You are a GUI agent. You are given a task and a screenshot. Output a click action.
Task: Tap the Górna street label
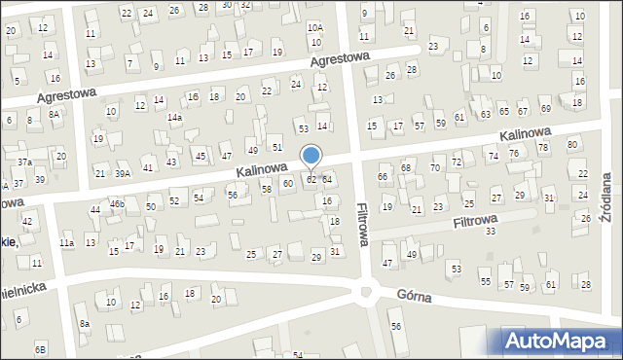coord(421,294)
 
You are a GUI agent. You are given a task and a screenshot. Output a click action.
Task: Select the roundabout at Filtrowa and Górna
coord(368,290)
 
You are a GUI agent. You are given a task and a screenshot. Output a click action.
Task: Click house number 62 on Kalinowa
coord(311,179)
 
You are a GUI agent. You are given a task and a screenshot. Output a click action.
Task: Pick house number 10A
coord(314,28)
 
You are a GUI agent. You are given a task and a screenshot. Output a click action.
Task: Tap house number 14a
coord(174,118)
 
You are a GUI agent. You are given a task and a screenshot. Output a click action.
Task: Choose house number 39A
coord(123,173)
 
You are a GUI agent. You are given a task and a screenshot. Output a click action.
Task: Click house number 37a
coord(25,162)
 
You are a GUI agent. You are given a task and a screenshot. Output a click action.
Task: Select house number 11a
coord(66,242)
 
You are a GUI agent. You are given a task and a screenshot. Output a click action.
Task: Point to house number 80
coord(572,145)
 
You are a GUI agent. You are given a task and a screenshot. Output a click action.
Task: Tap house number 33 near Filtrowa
coord(491,231)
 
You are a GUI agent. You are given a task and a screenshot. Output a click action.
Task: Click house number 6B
coord(40,348)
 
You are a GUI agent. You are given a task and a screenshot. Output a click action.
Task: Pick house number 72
coord(456,161)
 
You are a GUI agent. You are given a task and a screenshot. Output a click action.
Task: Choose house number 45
coord(200,156)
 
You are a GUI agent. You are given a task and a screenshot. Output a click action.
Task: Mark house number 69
coord(545,108)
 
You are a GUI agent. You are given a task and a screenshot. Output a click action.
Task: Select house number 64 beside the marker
coord(327,179)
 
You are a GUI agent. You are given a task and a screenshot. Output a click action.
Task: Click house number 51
coord(277,147)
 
